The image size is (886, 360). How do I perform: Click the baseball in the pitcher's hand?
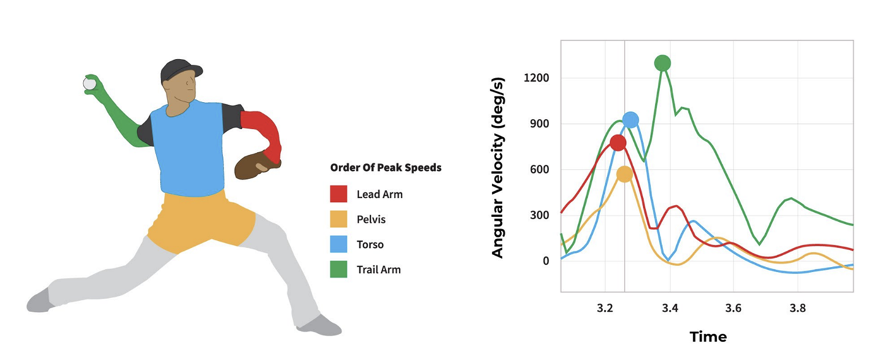coord(90,83)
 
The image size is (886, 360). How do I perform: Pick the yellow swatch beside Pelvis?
coord(339,220)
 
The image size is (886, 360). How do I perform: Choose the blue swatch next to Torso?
coord(339,245)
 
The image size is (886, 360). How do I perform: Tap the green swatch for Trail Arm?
coord(339,269)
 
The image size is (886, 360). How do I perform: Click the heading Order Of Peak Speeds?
coord(385,167)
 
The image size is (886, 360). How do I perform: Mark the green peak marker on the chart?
coord(662,63)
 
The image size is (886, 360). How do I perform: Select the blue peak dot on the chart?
coord(630,120)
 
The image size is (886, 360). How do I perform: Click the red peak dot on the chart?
coord(618,143)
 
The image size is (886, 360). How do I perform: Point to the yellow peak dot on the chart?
coord(624,174)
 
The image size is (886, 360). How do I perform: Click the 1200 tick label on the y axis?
coord(536,78)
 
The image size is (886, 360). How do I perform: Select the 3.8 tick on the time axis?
coord(797,308)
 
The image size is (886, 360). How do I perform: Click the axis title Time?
coord(707,337)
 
